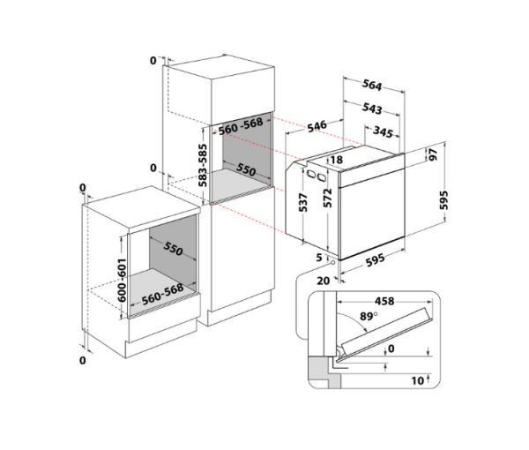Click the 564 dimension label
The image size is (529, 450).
pos(372,85)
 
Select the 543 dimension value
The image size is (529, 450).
pos(372,109)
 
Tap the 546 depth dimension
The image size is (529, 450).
pos(317,126)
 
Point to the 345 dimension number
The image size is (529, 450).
pos(383,132)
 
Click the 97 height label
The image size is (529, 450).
pos(433,154)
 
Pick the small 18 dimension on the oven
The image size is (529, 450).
pos(336,160)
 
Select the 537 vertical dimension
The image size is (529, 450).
pos(303,203)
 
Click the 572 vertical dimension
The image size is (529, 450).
pos(328,198)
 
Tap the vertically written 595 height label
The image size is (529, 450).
pos(444,200)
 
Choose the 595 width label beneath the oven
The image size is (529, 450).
pos(376,260)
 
